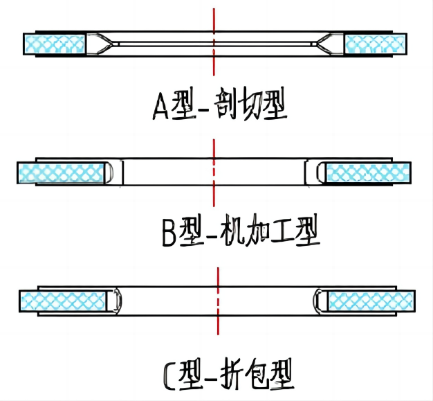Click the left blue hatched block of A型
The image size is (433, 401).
click(54, 44)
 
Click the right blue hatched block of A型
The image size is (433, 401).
click(375, 44)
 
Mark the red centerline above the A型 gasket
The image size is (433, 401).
click(214, 17)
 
